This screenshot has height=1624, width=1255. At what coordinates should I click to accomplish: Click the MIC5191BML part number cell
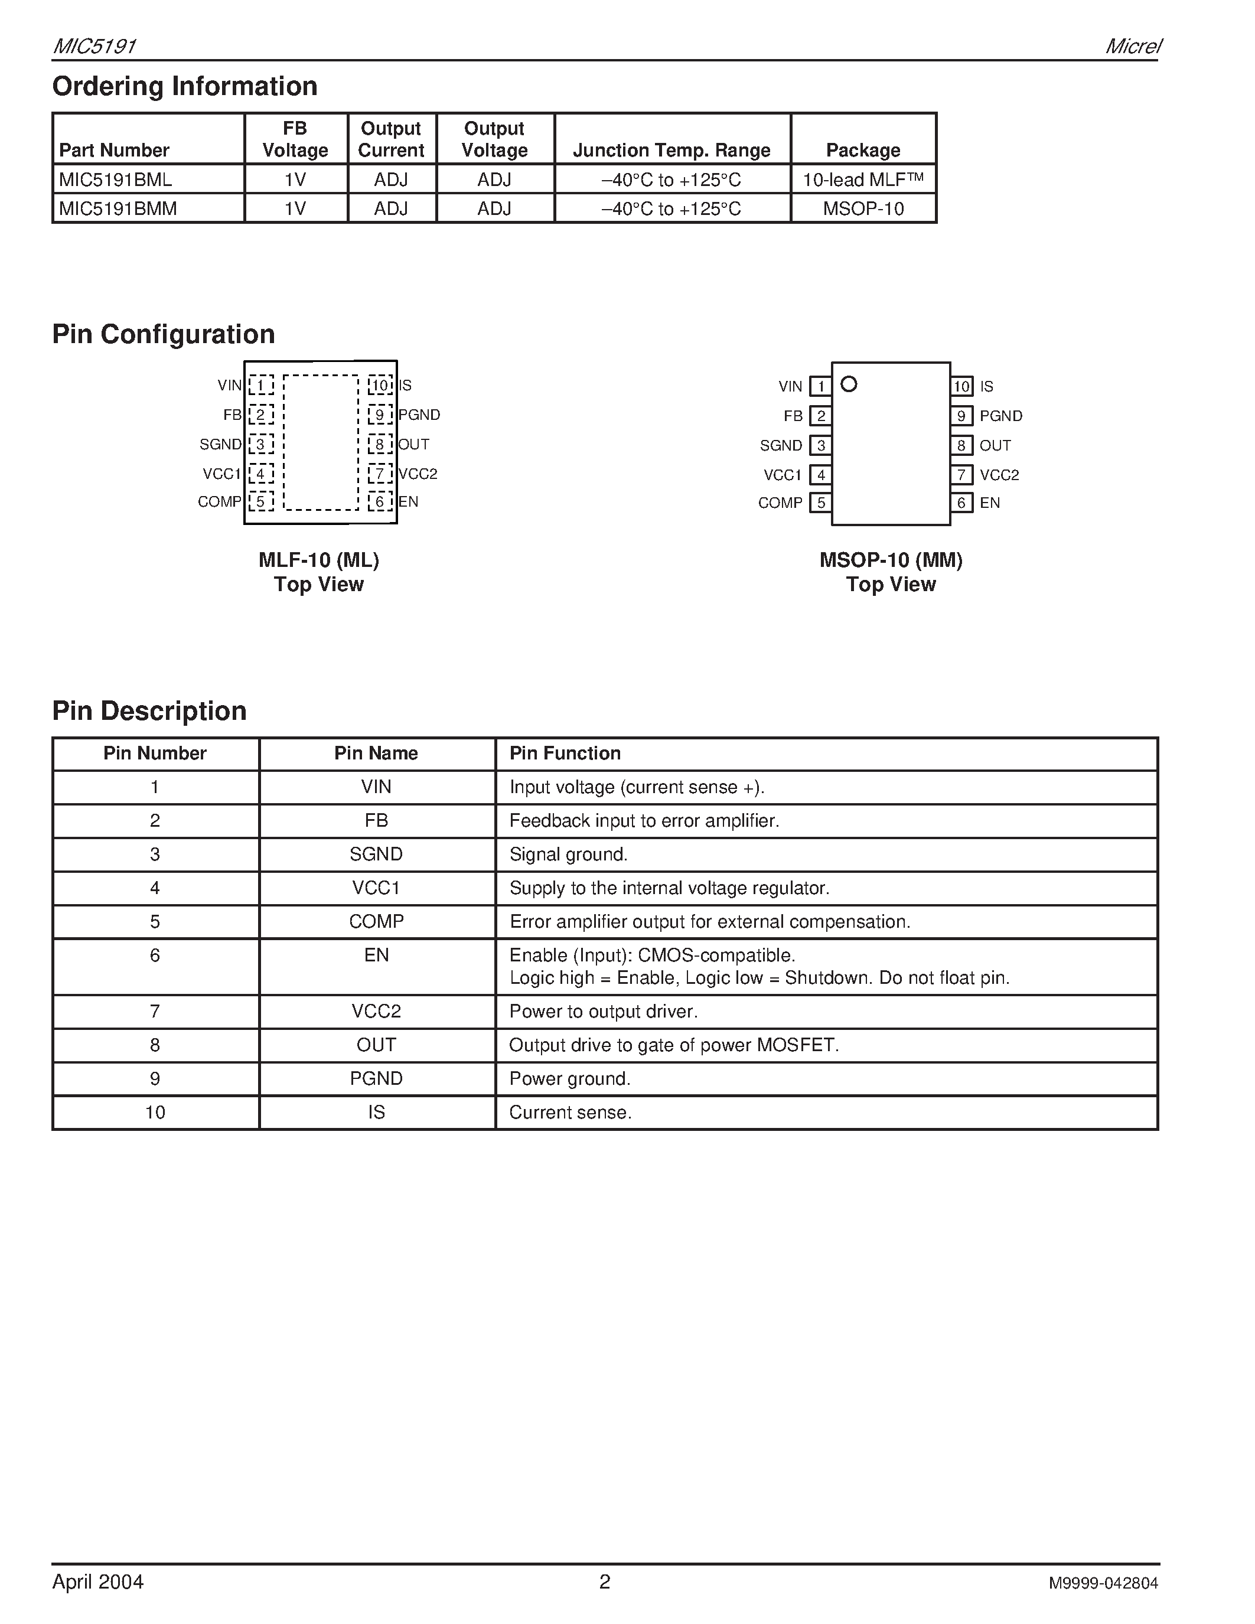tap(116, 179)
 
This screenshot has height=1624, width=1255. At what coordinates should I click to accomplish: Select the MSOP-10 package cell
tap(863, 209)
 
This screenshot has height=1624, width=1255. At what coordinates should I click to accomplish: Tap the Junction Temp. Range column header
tap(671, 150)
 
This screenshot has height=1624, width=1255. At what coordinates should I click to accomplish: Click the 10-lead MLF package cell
tap(863, 179)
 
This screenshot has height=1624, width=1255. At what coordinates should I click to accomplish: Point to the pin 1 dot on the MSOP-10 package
tap(848, 384)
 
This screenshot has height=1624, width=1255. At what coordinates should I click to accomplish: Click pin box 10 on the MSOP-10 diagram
tap(961, 387)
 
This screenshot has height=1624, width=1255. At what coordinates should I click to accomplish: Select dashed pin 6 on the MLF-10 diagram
tap(379, 502)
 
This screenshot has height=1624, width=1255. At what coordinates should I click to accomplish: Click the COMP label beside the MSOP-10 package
tap(780, 503)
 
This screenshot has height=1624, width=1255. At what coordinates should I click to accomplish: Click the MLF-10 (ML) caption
tap(319, 560)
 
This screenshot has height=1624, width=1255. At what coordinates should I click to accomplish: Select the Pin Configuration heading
tap(164, 334)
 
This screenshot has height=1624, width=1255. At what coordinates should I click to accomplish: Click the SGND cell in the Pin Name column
tap(376, 855)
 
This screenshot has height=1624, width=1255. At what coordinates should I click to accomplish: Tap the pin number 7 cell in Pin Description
tap(155, 1011)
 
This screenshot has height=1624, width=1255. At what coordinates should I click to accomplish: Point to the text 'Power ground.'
tap(569, 1079)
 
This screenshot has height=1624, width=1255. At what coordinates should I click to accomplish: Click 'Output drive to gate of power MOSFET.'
tap(674, 1045)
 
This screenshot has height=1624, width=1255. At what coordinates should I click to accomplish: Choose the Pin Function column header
tap(565, 754)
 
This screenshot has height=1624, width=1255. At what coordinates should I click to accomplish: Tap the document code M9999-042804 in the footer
tap(1103, 1583)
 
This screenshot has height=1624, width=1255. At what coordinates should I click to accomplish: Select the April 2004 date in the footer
tap(98, 1581)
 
